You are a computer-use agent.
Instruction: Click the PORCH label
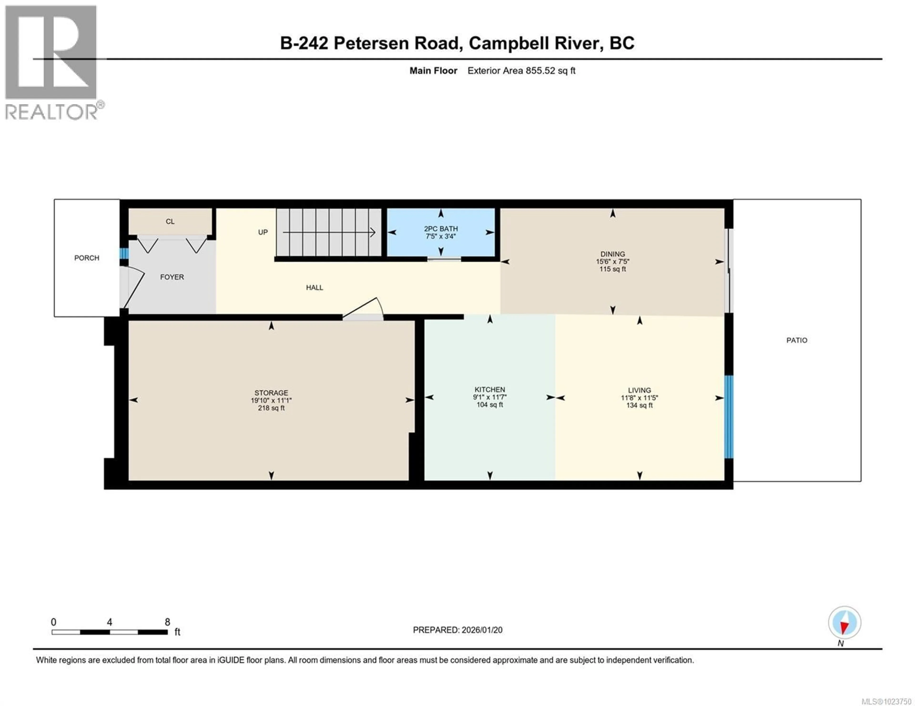coord(87,258)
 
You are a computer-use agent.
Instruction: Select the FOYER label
coord(172,277)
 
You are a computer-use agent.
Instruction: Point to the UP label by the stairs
coord(263,232)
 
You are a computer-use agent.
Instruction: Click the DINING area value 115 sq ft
coord(613,269)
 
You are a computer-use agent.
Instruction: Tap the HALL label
coord(314,287)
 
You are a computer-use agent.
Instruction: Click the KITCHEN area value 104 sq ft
coord(490,405)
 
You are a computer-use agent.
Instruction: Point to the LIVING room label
coord(639,390)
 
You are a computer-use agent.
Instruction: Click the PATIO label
coord(796,340)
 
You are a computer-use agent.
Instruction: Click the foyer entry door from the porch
coord(133,289)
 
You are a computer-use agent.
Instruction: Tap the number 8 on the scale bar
coord(167,622)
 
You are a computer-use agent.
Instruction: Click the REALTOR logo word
coord(51,112)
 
